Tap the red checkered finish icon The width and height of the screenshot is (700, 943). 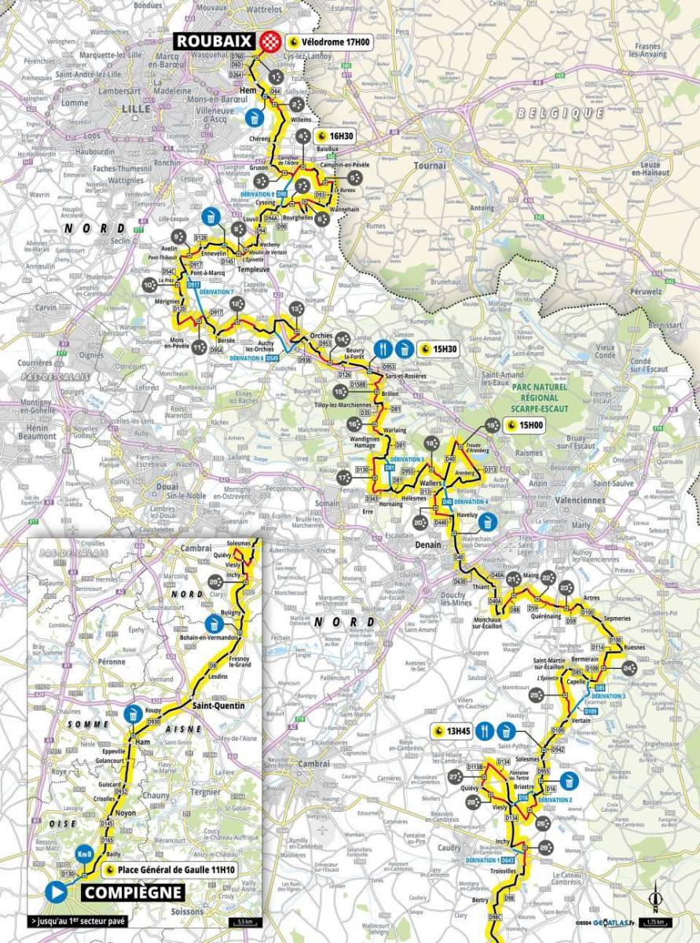tap(271, 41)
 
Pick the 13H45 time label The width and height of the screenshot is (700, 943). tap(453, 730)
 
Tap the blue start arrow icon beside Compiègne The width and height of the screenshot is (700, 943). tap(56, 892)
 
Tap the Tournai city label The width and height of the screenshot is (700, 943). tap(434, 166)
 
